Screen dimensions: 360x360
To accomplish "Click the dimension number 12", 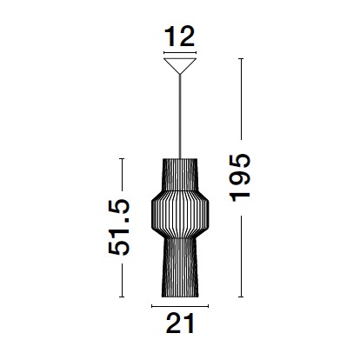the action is click(x=180, y=37).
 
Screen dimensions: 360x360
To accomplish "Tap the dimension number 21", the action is click(x=180, y=323).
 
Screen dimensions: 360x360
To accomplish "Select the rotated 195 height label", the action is click(x=240, y=177).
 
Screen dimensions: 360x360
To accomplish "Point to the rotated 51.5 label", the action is click(x=119, y=227).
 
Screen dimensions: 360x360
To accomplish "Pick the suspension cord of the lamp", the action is click(x=180, y=117).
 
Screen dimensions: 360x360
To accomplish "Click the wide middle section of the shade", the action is click(x=180, y=214).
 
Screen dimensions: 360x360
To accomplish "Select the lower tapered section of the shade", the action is click(x=180, y=268).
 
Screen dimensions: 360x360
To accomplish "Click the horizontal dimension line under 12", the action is click(x=180, y=53).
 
